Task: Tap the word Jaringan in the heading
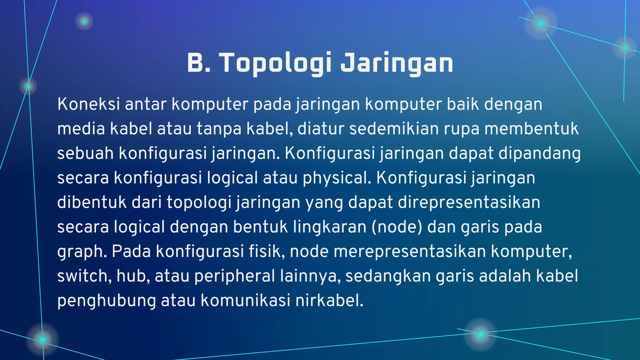point(397,63)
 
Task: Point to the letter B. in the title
point(199,63)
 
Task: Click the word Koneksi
point(88,104)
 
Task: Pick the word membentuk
point(532,129)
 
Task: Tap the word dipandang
point(539,153)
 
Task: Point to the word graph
point(82,252)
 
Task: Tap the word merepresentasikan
point(410,251)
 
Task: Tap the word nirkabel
point(329,300)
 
